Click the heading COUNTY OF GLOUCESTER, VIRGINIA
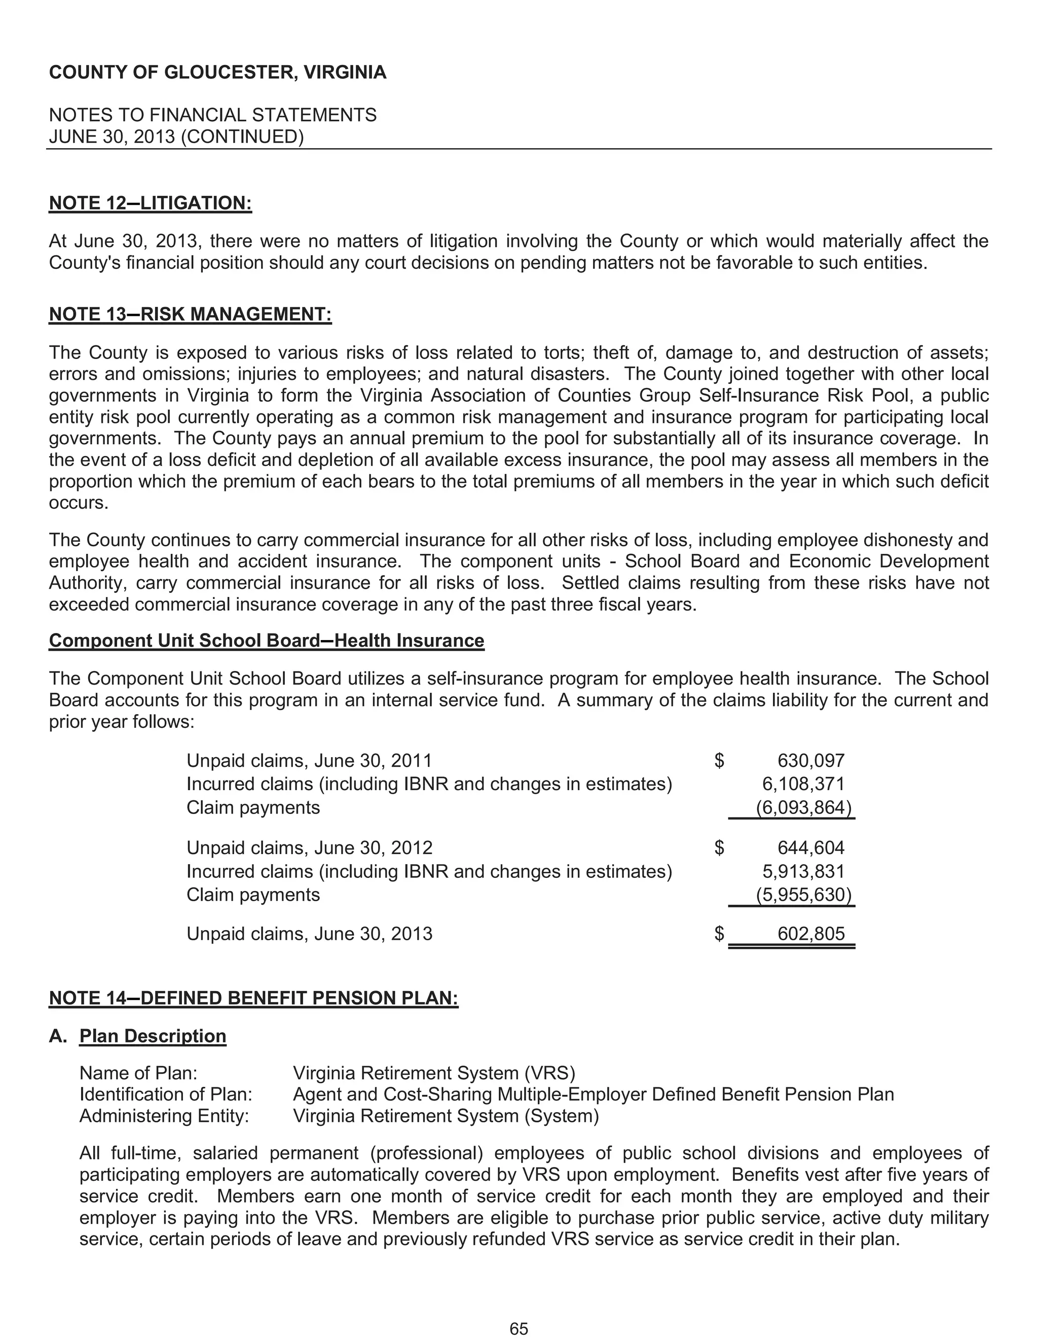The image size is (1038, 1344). [x=217, y=73]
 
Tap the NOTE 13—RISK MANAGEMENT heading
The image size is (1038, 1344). [x=190, y=314]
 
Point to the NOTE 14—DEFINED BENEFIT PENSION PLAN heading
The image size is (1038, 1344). [x=253, y=998]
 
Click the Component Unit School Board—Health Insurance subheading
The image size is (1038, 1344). [x=266, y=641]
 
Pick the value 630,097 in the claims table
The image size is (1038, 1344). [x=810, y=761]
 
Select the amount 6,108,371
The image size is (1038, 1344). [x=803, y=784]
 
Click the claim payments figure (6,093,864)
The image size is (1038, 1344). [x=803, y=807]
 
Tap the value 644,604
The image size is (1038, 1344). [x=810, y=848]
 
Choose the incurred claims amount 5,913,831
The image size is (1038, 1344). [x=803, y=871]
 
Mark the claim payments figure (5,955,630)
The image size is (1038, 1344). [x=803, y=894]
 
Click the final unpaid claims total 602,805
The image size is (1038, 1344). [x=810, y=934]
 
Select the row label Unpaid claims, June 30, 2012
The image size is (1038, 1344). [x=309, y=848]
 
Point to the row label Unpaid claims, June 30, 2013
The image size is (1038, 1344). [x=309, y=934]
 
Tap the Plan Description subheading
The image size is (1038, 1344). [x=153, y=1036]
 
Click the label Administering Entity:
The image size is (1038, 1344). [x=164, y=1116]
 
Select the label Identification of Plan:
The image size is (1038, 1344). [x=166, y=1094]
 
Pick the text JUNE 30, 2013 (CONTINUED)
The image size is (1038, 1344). [x=176, y=136]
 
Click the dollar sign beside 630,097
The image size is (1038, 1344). [x=719, y=761]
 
